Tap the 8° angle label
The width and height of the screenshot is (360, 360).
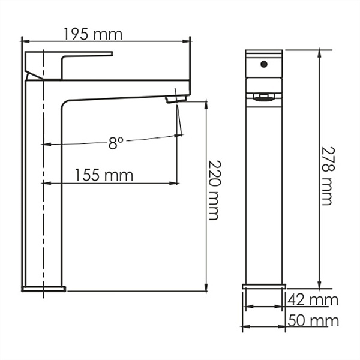coord(116,143)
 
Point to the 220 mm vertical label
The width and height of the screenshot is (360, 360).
coord(214,190)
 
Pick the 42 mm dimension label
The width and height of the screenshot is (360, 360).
coord(312,299)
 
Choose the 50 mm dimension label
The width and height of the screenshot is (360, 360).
coord(313,320)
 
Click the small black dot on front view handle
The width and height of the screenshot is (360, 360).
coord(263,62)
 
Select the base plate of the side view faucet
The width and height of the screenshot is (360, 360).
coord(44,289)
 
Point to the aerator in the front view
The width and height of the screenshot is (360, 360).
coord(263,97)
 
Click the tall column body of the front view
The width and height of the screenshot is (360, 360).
coord(263,192)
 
